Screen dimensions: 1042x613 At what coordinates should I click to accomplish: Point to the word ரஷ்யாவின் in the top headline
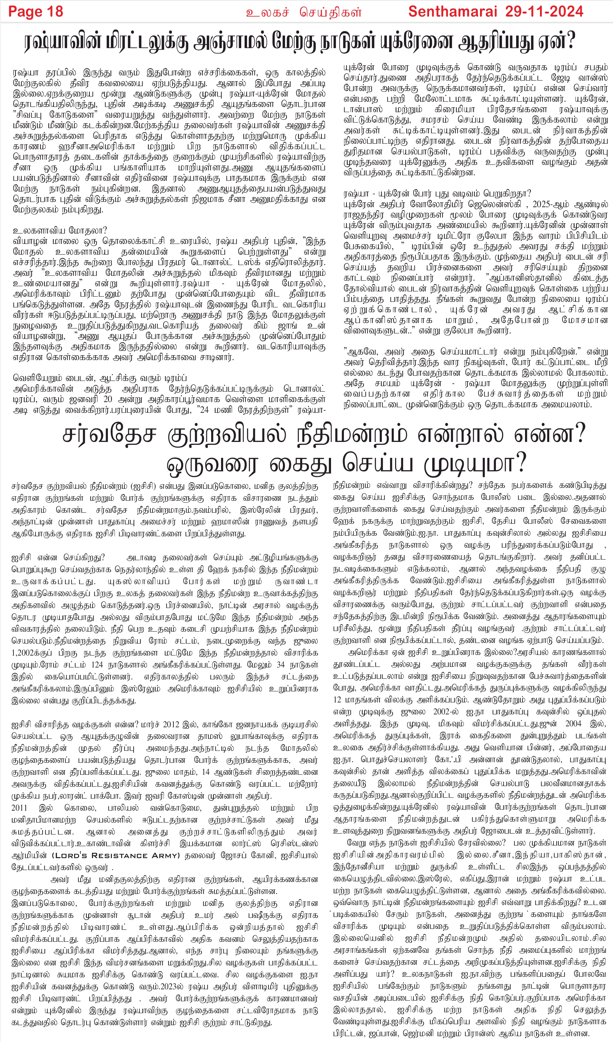[x=64, y=42]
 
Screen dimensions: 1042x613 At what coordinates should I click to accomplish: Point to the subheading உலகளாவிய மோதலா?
[x=60, y=231]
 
